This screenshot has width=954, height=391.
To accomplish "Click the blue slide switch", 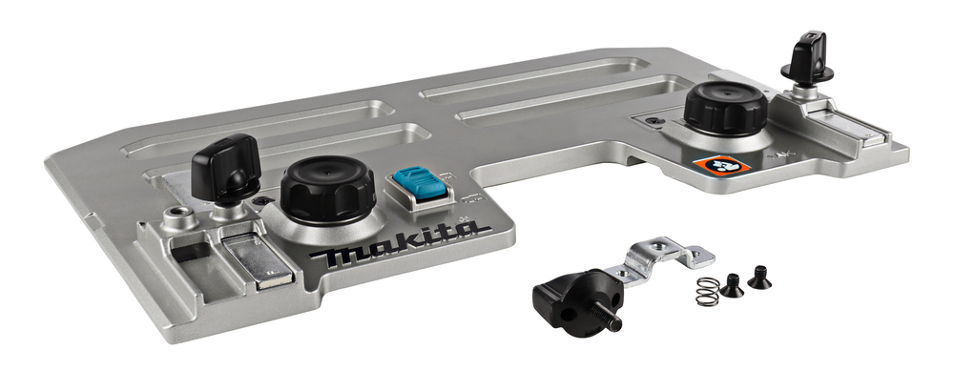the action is [x=419, y=184].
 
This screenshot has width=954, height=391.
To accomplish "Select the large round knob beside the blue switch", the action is [x=327, y=189].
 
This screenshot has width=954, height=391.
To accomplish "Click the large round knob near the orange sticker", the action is [x=725, y=108].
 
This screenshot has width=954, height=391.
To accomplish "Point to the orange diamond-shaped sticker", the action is [x=721, y=164].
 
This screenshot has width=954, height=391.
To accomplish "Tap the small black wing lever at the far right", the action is [x=807, y=58].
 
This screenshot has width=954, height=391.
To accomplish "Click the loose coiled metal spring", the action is [x=708, y=291].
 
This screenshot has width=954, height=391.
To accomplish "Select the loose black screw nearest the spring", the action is [x=732, y=285].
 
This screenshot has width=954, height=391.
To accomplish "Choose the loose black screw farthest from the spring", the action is [x=758, y=278].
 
